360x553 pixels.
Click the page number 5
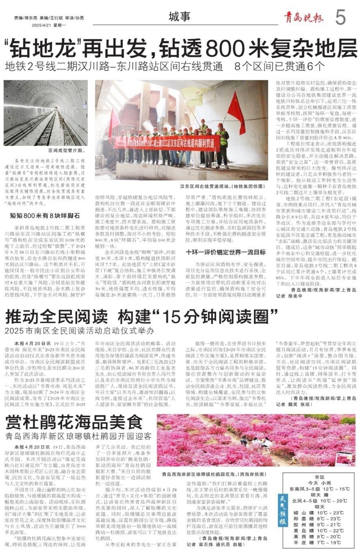pos(340,17)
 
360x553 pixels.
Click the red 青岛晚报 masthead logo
pos(304,17)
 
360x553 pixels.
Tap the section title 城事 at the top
pos(179,17)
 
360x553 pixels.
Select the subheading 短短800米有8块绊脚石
pos(45,215)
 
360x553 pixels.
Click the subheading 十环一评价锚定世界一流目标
pos(225,252)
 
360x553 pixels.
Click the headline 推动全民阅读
pos(56,316)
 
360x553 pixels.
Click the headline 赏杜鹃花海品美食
pos(74,422)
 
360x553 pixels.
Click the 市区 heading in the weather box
pos(319,477)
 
